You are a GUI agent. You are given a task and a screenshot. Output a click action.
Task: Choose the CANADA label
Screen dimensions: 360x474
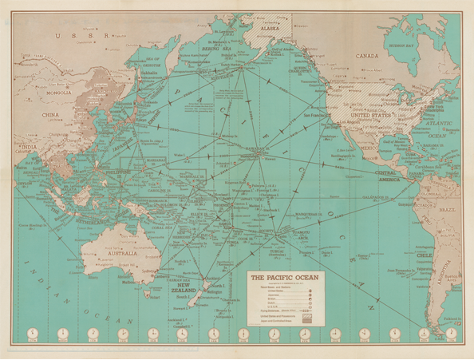(x=368, y=57)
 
